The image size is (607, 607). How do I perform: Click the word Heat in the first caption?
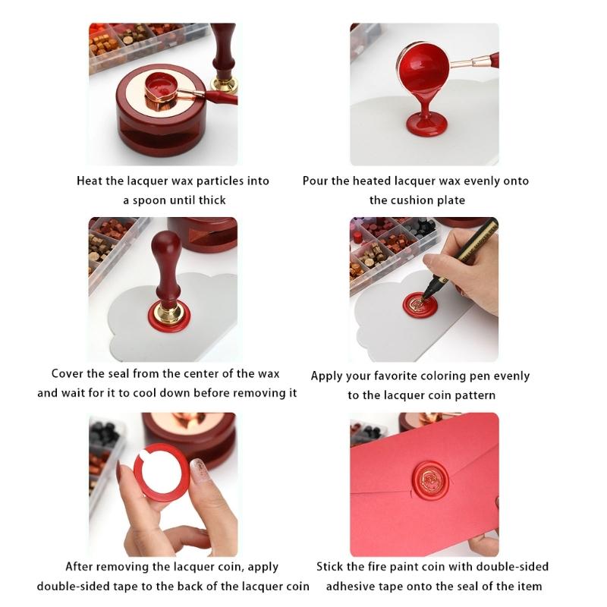click(x=90, y=181)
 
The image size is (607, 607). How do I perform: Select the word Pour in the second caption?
click(x=316, y=181)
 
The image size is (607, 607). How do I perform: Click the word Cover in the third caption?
click(x=69, y=373)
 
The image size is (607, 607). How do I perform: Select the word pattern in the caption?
click(x=475, y=395)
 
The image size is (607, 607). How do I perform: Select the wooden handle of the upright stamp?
click(x=166, y=262)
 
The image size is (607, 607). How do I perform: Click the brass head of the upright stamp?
click(x=168, y=307)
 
